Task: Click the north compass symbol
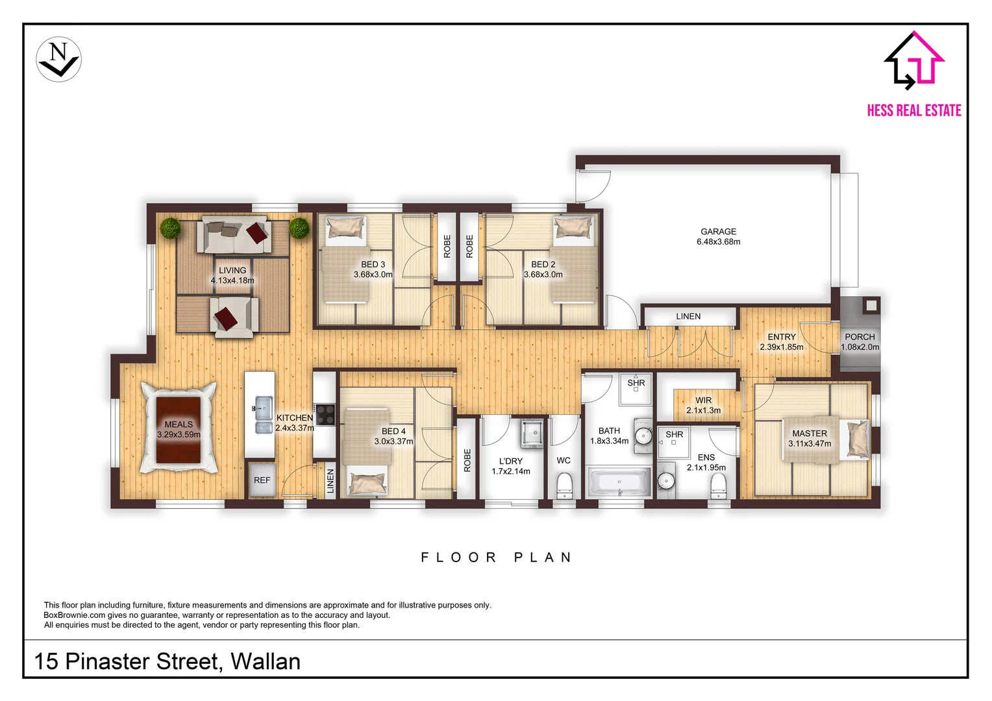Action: pos(58,59)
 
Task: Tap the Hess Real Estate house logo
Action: pos(914,60)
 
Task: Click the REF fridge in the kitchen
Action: pos(262,480)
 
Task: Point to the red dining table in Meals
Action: pos(179,430)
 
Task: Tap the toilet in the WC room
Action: pos(564,484)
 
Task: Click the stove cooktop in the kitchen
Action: pos(325,415)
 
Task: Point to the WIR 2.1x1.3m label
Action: pos(703,405)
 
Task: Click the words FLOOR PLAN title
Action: pos(497,557)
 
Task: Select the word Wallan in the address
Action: pos(266,661)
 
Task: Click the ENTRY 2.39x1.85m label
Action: pos(781,342)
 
